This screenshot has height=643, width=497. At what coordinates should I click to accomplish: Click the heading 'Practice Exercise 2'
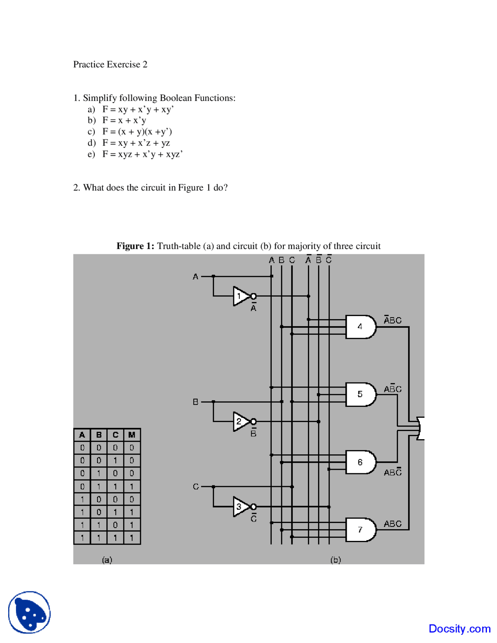pos(110,64)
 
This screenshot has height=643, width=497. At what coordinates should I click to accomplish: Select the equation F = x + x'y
pos(124,120)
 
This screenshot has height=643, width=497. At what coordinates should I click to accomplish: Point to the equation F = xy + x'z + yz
pos(136,143)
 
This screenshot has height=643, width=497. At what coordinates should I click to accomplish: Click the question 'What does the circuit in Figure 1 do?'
pos(155,188)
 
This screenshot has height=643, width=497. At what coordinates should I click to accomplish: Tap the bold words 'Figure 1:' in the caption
pos(135,246)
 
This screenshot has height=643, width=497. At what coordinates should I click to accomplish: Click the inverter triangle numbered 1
pos(240,296)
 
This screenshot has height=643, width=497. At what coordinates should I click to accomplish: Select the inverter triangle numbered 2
pos(240,421)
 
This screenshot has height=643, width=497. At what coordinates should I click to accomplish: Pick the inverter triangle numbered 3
pos(240,506)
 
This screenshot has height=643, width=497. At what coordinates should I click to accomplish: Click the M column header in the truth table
pos(132,435)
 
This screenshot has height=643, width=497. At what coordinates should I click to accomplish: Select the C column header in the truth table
pos(115,435)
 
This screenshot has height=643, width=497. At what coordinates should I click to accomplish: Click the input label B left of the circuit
pos(196,402)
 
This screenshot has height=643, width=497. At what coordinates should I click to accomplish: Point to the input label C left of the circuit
pos(196,487)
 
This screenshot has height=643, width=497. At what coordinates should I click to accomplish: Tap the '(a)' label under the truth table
pos(107,560)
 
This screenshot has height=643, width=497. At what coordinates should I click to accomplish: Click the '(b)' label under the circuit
pos(335,560)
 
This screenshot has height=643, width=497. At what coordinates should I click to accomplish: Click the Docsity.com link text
pos(459,629)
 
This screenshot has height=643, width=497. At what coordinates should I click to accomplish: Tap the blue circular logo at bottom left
pos(30,612)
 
